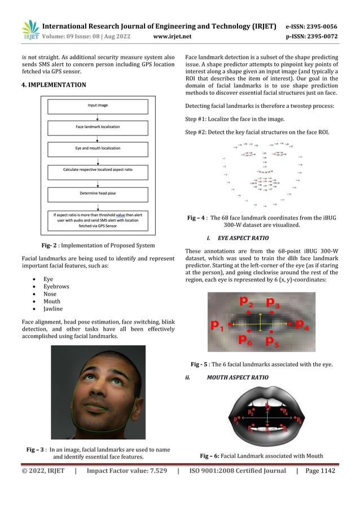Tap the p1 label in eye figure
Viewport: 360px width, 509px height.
217,325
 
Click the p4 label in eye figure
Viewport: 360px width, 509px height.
302,325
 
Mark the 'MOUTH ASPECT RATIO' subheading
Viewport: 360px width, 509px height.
238,377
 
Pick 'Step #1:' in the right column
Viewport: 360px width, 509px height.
198,120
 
